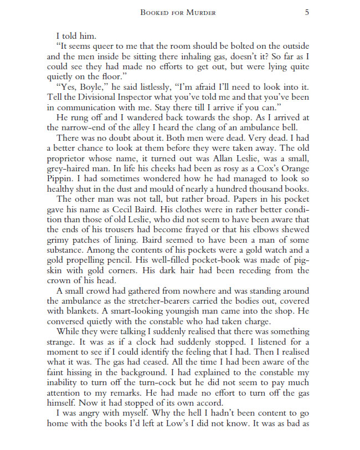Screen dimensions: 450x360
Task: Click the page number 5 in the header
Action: pyautogui.click(x=307, y=12)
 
